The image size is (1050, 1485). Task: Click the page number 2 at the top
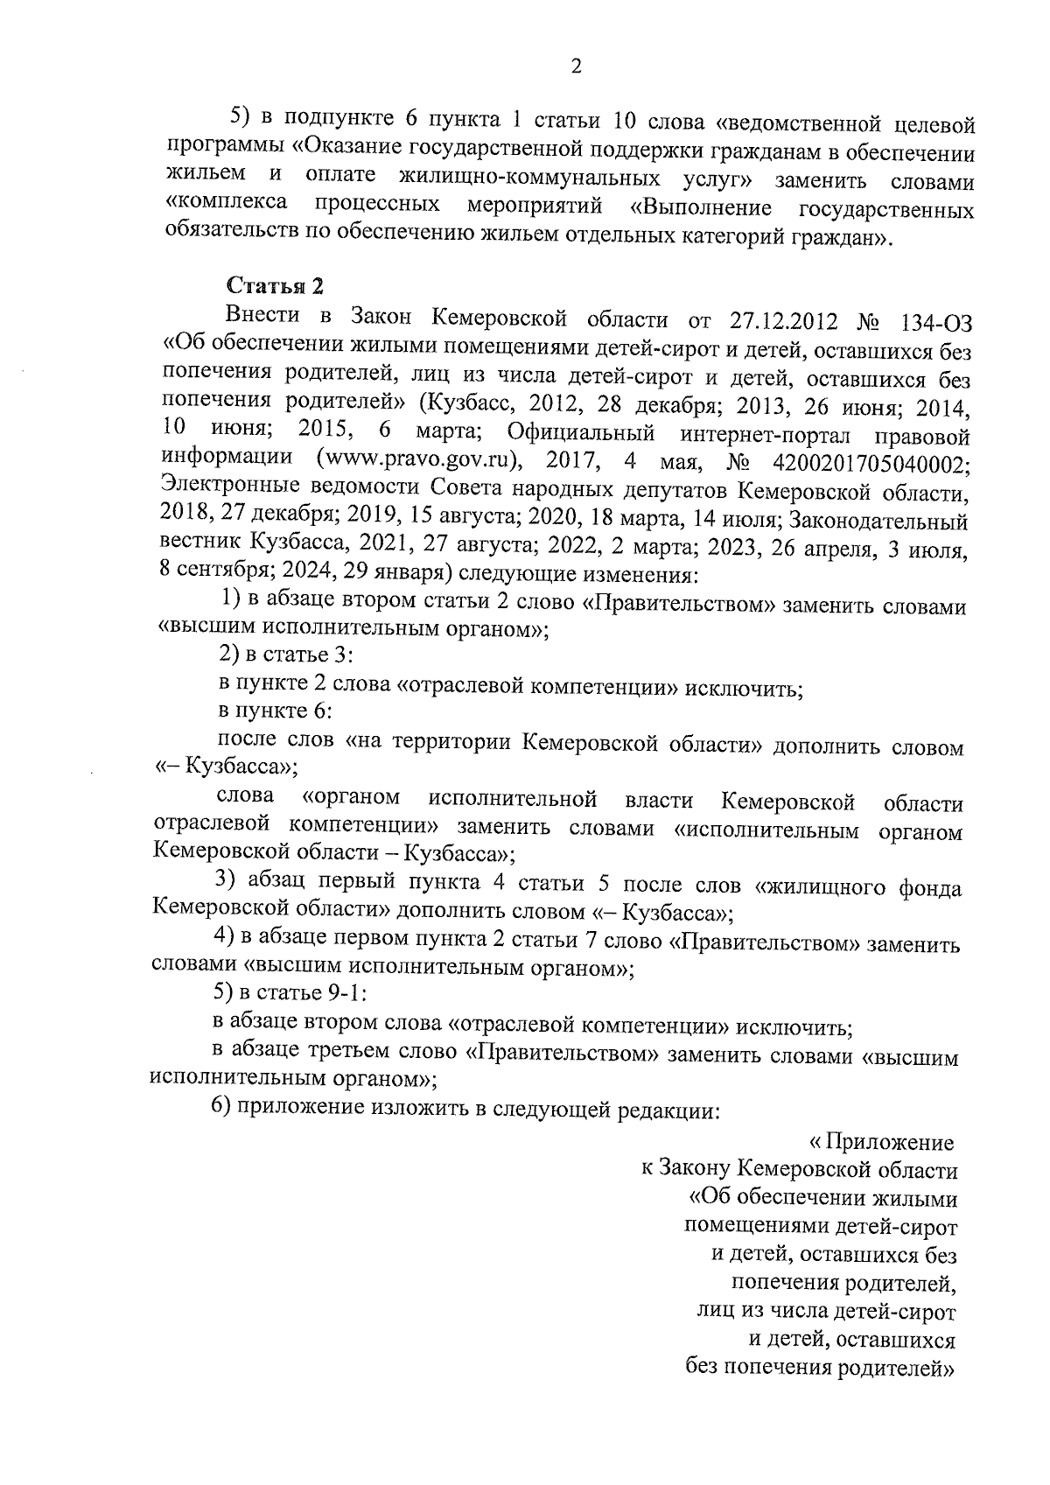576,67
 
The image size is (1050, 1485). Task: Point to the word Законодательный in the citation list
878,521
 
